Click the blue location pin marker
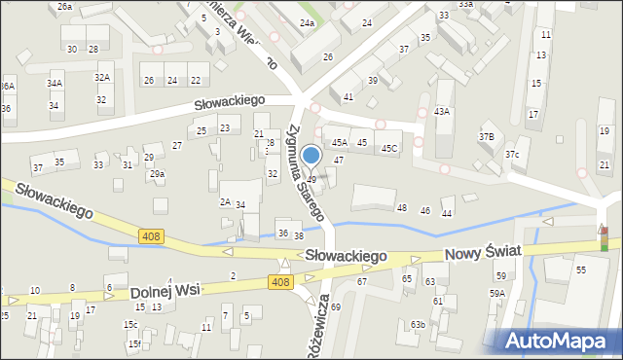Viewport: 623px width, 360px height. click(x=311, y=157)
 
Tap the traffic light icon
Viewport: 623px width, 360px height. click(x=604, y=237)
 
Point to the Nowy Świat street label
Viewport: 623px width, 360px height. click(x=483, y=252)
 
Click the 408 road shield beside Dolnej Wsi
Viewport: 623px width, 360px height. click(x=279, y=281)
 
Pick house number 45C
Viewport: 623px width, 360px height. click(x=388, y=148)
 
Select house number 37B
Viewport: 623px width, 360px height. click(x=486, y=136)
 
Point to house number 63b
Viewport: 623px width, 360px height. click(x=418, y=324)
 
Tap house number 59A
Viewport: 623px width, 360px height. click(x=497, y=293)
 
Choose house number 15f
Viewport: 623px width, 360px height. click(x=134, y=343)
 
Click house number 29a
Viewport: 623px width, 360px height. click(x=157, y=174)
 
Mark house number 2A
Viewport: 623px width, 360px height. click(x=225, y=202)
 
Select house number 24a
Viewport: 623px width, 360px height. click(x=308, y=22)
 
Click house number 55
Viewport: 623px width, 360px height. click(x=581, y=270)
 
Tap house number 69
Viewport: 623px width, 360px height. click(x=335, y=306)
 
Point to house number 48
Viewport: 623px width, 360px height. click(x=401, y=208)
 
